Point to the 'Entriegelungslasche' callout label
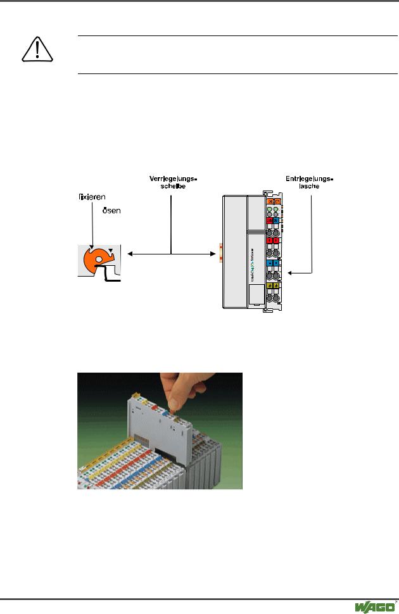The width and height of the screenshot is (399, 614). pyautogui.click(x=310, y=183)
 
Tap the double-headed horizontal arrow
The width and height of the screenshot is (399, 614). pyautogui.click(x=170, y=254)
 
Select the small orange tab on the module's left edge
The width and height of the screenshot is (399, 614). pyautogui.click(x=220, y=253)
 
